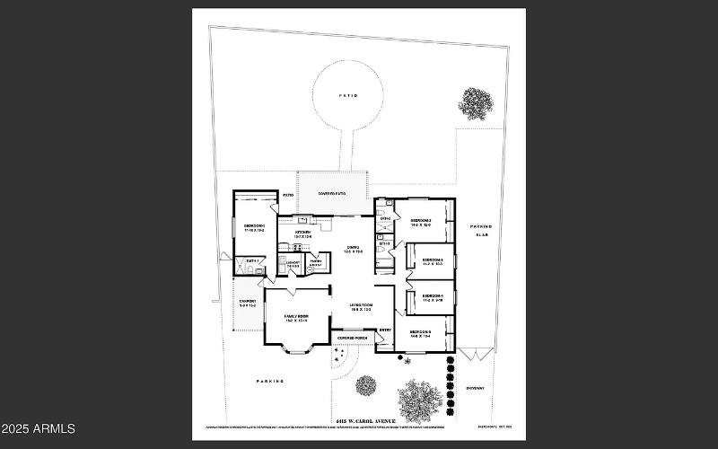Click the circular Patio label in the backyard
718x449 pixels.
click(x=348, y=93)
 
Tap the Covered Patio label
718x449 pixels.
click(x=332, y=193)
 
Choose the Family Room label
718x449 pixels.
click(x=296, y=317)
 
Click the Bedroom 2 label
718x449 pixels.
click(x=421, y=221)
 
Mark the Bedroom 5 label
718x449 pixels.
click(x=421, y=332)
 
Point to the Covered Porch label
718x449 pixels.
click(x=352, y=338)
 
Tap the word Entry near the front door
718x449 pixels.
click(x=384, y=330)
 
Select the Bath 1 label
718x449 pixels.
click(x=252, y=261)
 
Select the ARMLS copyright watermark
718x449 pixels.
click(x=38, y=429)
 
